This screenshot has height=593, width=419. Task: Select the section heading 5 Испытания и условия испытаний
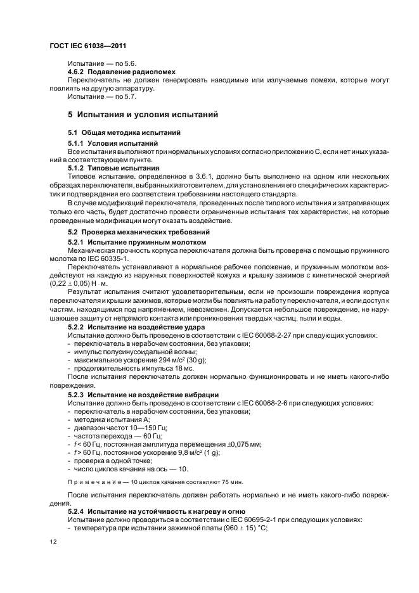(143, 115)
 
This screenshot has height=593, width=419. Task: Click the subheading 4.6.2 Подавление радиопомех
(122, 72)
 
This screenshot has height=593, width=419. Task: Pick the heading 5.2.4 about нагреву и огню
(151, 511)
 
